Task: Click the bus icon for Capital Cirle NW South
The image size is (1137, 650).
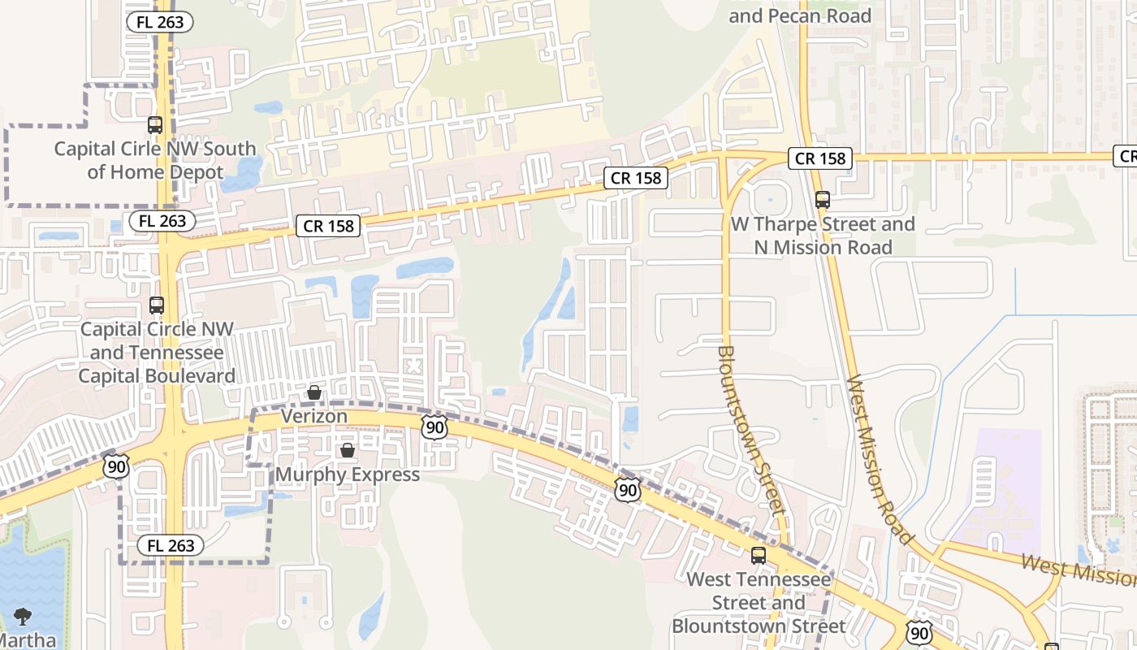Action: tap(155, 125)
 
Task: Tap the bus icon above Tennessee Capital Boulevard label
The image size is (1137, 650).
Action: tap(157, 305)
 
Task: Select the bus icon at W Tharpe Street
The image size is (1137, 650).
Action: tap(823, 200)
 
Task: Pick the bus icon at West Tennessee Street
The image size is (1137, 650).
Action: tap(759, 556)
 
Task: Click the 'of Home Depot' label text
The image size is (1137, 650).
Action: tap(154, 172)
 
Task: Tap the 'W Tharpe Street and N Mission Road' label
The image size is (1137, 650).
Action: tap(823, 236)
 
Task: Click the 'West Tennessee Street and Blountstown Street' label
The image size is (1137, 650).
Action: tap(759, 603)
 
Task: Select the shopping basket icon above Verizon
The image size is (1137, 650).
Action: tap(314, 393)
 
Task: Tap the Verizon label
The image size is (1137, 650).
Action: tap(314, 416)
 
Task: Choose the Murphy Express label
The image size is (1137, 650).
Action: tap(348, 474)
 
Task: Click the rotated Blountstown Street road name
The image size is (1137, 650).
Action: tap(750, 431)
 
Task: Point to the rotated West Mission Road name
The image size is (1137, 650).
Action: tap(880, 460)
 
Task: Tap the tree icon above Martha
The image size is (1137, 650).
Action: tap(23, 617)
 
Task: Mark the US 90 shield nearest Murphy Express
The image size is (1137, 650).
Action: tap(434, 427)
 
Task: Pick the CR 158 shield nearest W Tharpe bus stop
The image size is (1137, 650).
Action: tap(820, 158)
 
